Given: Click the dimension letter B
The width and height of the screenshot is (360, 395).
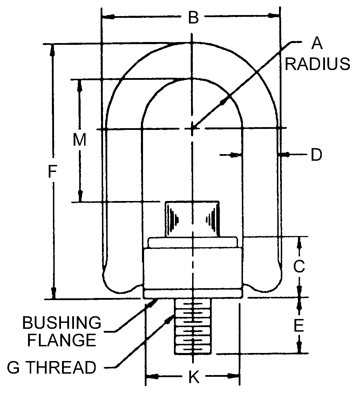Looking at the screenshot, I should (193, 18).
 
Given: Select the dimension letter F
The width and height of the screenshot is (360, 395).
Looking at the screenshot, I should (52, 171).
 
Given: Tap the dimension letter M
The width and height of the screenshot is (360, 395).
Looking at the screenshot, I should (80, 140).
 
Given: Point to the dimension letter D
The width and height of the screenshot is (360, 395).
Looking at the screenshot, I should (316, 154).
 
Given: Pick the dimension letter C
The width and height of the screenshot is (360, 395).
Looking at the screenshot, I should (299, 266).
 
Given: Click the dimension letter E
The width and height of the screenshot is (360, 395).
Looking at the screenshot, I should (299, 326).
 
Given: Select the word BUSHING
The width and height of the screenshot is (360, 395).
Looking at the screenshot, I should (62, 323).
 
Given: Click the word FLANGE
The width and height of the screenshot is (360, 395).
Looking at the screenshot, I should (62, 340).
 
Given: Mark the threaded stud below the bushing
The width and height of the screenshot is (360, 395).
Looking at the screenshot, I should (192, 326).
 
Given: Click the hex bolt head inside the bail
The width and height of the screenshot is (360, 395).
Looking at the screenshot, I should (192, 219).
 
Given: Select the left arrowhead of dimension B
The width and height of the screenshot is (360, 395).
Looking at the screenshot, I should (107, 16).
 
